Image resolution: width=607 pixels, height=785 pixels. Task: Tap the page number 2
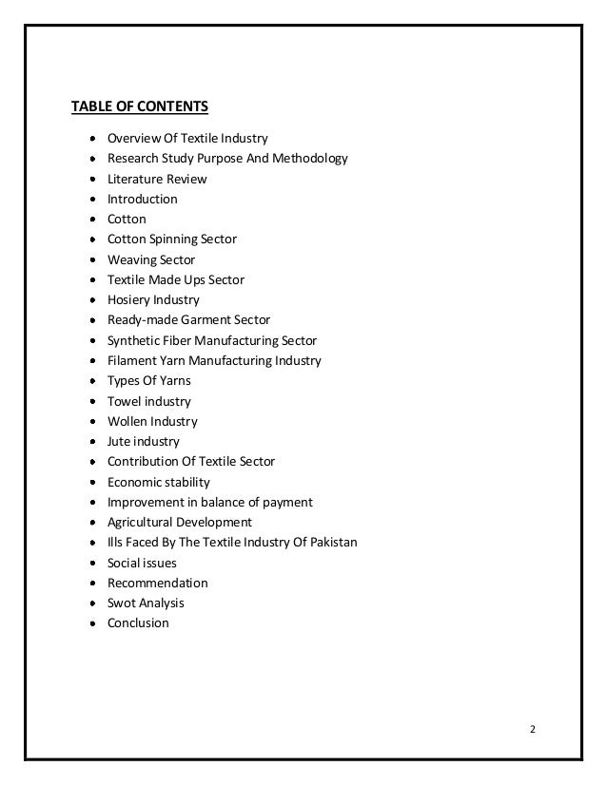(533, 729)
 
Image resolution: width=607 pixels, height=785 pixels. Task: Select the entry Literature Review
(157, 179)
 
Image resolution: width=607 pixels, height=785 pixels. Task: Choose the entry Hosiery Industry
(153, 299)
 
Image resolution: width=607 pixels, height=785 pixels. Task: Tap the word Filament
(132, 360)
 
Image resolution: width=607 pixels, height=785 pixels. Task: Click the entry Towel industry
(149, 401)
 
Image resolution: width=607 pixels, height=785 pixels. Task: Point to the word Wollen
(127, 421)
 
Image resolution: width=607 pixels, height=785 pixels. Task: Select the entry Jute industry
(144, 441)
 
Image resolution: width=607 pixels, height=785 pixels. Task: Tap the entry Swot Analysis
(146, 603)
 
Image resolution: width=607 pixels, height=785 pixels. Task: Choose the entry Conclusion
(138, 622)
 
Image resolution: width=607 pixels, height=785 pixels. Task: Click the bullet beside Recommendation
(91, 583)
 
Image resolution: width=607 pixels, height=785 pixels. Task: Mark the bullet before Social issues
(91, 563)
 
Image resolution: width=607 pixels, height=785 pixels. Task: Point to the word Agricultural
(140, 522)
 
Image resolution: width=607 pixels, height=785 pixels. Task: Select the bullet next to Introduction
(91, 200)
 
